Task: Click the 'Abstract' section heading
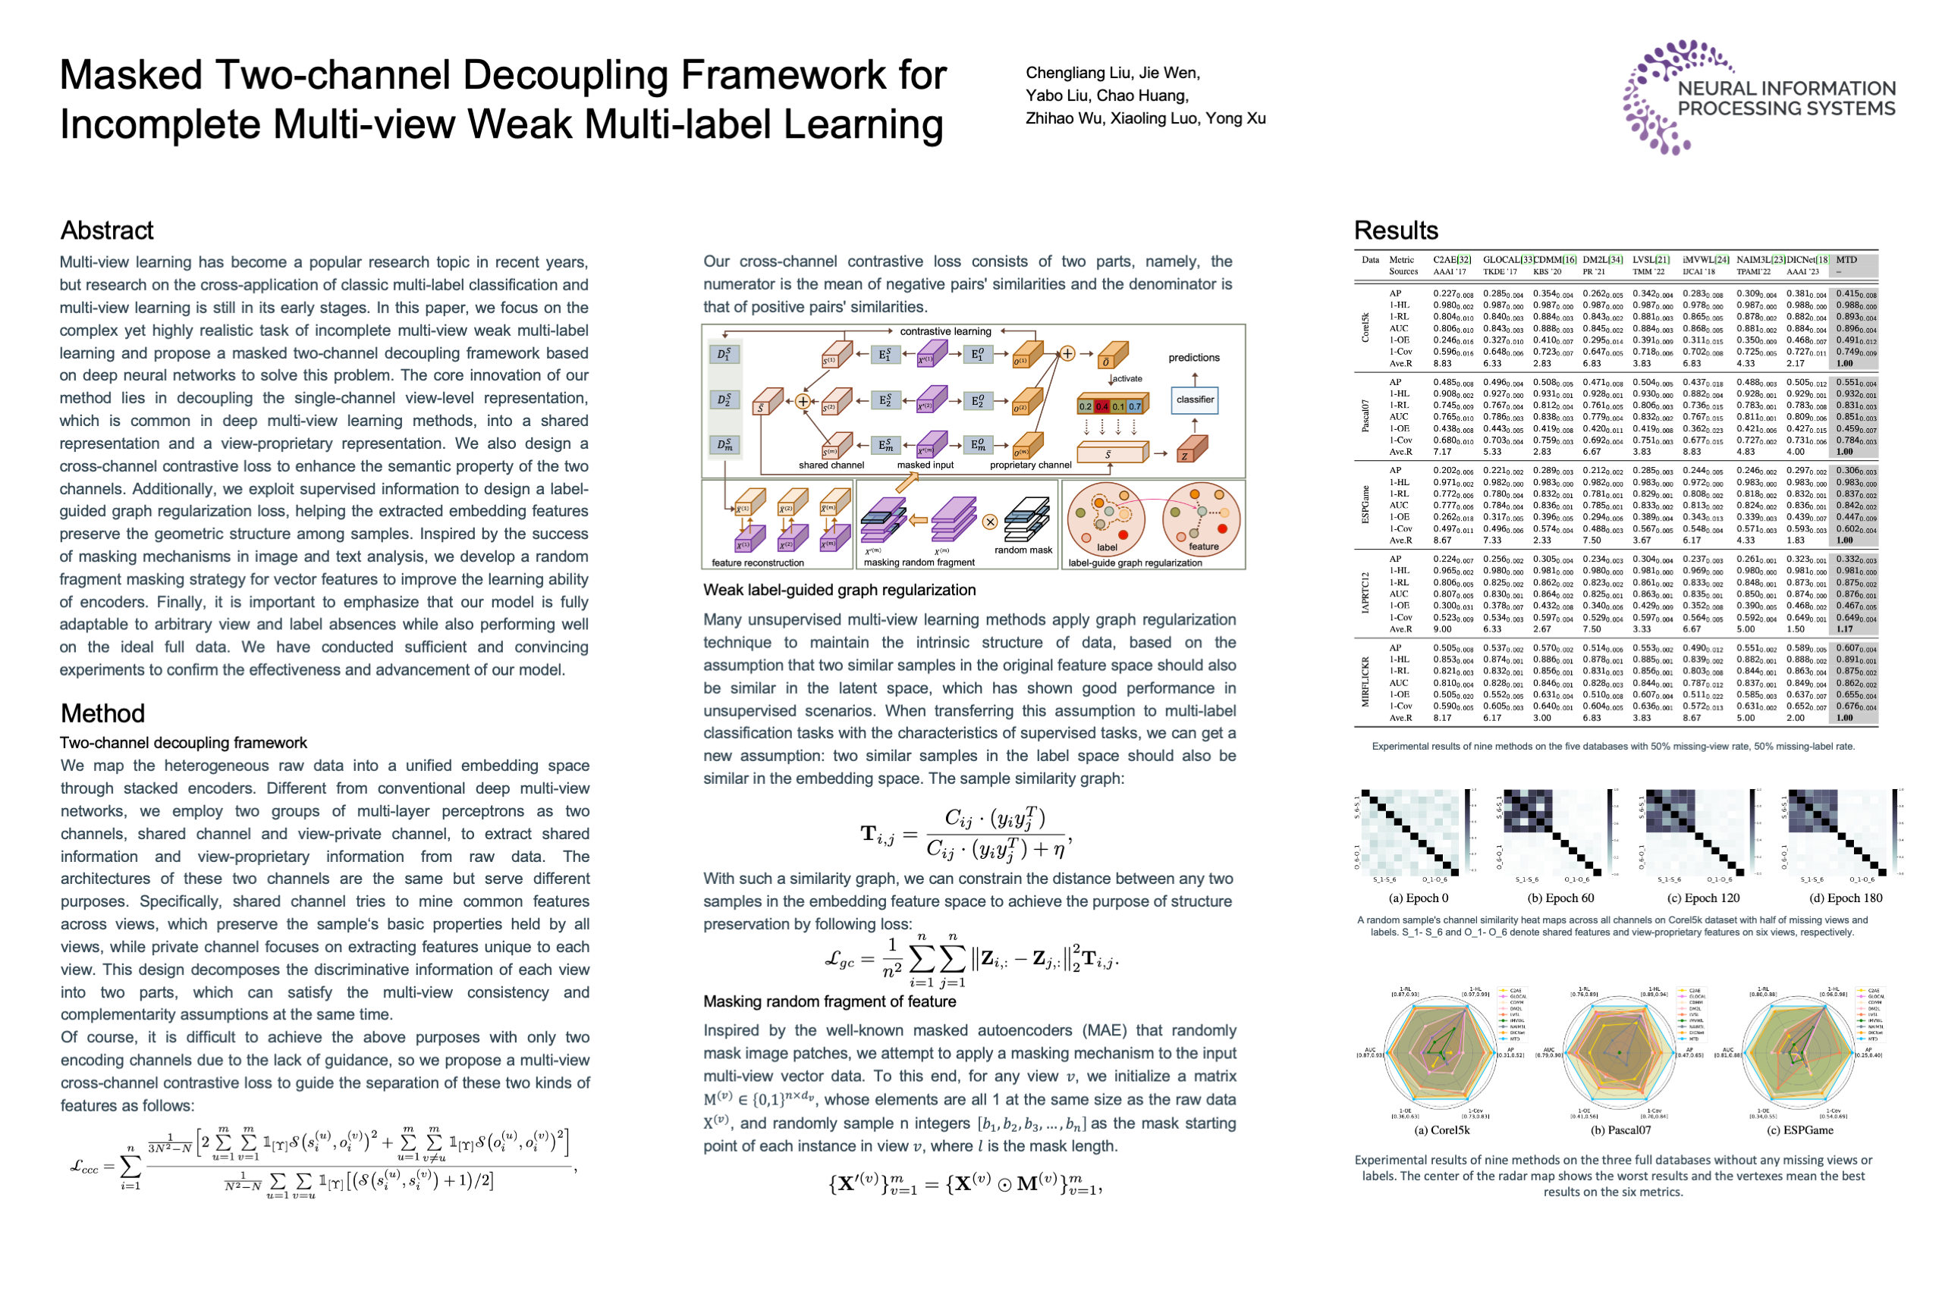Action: point(107,230)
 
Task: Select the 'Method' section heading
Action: point(102,713)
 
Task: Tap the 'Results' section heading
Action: point(1397,230)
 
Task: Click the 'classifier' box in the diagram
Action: point(1195,400)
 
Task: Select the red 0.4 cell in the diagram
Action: point(1102,407)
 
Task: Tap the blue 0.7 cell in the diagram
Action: point(1136,407)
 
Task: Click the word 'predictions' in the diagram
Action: point(1194,358)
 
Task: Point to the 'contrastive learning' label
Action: point(945,332)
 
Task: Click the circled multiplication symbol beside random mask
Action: point(990,522)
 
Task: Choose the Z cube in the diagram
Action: point(1193,451)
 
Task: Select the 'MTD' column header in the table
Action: point(1846,260)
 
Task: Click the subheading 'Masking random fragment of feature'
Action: point(829,1001)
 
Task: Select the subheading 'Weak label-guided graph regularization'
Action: point(839,590)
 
